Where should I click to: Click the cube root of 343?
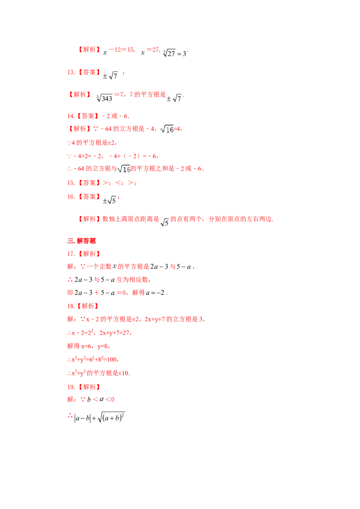pyautogui.click(x=104, y=98)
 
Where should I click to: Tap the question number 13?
pyautogui.click(x=71, y=72)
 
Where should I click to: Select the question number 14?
pyautogui.click(x=71, y=116)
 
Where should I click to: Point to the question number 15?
pyautogui.click(x=71, y=183)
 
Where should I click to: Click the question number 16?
pyautogui.click(x=71, y=196)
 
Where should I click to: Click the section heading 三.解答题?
pyautogui.click(x=81, y=241)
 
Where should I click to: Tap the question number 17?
pyautogui.click(x=71, y=254)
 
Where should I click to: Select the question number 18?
pyautogui.click(x=71, y=306)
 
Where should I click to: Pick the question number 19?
pyautogui.click(x=71, y=387)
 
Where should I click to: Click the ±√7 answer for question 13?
pyautogui.click(x=110, y=76)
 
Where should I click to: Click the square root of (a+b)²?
pyautogui.click(x=111, y=417)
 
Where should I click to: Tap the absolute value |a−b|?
pyautogui.click(x=83, y=418)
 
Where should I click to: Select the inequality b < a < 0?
pyautogui.click(x=101, y=400)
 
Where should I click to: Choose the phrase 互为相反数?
pyautogui.click(x=133, y=280)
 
